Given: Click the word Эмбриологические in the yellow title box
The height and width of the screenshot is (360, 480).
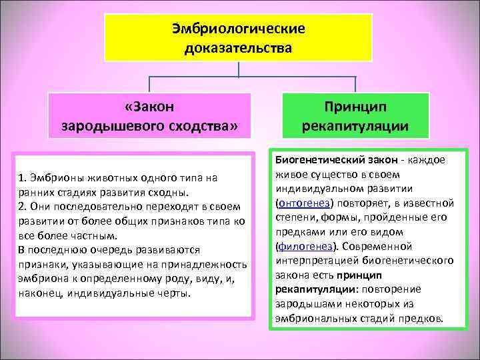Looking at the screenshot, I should tap(238, 29).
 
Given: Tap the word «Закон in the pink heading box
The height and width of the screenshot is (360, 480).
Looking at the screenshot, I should tap(149, 106).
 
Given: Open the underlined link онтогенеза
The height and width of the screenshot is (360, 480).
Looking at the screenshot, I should tap(305, 203).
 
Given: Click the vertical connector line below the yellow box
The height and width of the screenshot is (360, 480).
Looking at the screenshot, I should tap(239, 69).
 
